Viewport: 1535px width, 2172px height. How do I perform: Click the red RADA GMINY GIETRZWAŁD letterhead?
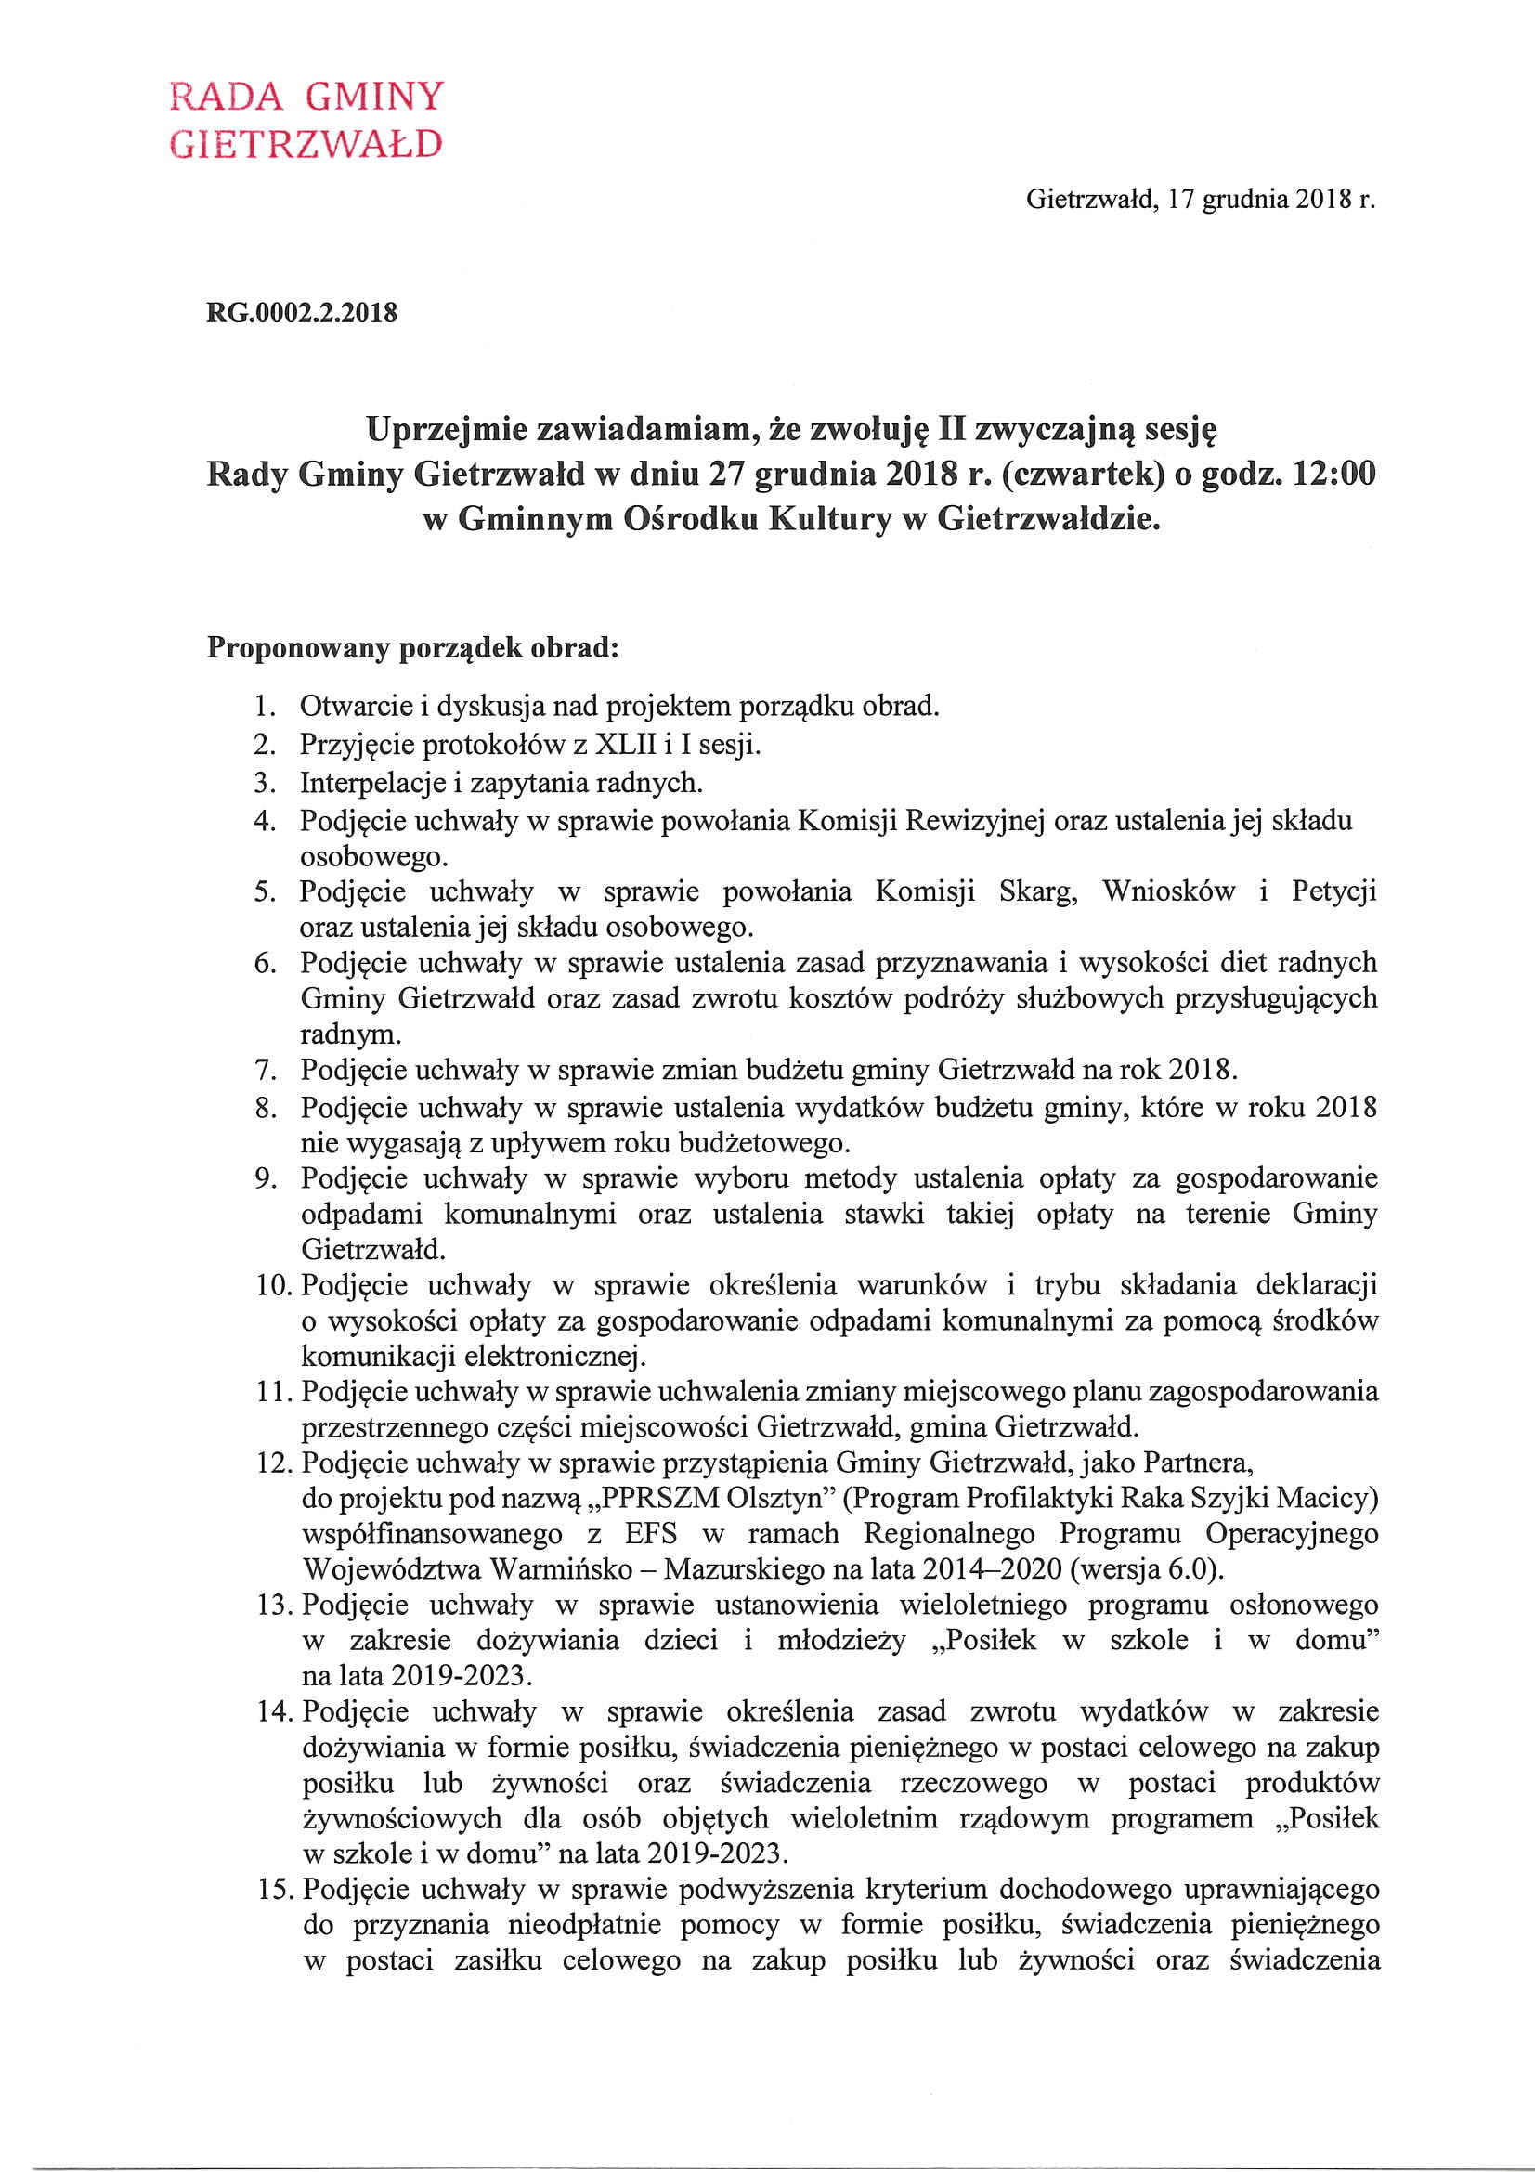click(306, 119)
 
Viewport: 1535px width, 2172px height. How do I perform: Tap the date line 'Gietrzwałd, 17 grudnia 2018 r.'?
click(1200, 200)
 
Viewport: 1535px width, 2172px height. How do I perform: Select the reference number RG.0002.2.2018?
click(302, 312)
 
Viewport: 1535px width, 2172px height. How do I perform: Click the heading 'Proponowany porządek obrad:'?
click(412, 648)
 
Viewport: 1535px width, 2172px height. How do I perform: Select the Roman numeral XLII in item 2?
click(625, 745)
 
